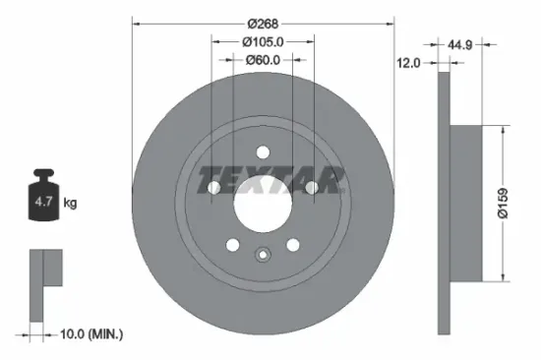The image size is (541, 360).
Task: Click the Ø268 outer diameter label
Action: tap(263, 22)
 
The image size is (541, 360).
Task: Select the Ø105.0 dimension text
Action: tap(263, 41)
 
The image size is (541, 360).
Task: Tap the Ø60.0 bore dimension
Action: tap(263, 60)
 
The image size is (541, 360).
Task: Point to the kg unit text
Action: tap(71, 204)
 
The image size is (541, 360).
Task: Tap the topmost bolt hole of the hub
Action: tap(263, 152)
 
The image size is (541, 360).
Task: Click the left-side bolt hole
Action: tap(215, 186)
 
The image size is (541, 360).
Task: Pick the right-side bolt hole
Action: tap(310, 186)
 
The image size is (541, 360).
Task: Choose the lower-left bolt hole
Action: tap(233, 245)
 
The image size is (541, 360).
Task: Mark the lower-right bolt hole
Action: tap(292, 245)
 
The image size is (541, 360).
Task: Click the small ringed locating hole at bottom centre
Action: tap(263, 256)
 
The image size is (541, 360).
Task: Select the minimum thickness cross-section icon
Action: tap(43, 281)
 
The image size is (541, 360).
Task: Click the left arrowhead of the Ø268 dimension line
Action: tap(136, 22)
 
